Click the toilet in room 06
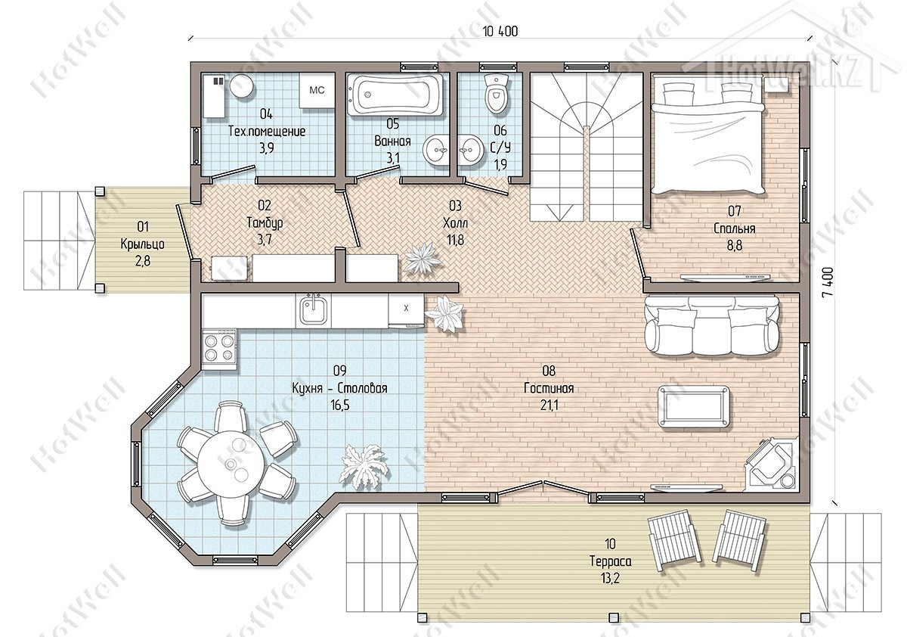point(497,94)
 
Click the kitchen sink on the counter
point(313,311)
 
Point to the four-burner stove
point(219,349)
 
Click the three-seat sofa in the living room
point(711,325)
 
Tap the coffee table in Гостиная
point(694,406)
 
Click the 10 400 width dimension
point(500,31)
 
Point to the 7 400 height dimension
point(828,282)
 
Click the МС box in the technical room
point(317,90)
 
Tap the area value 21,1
point(549,405)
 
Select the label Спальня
point(735,228)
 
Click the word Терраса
point(610,561)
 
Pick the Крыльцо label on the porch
point(143,244)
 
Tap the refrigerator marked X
point(406,310)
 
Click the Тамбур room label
point(265,222)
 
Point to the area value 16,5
point(339,405)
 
